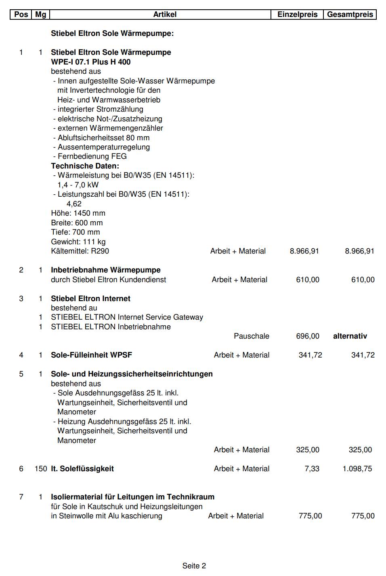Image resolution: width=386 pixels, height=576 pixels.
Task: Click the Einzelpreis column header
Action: coord(297,15)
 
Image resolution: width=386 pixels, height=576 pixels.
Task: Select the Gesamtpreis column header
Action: coord(350,15)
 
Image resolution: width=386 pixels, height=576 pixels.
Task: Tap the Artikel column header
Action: coord(165,15)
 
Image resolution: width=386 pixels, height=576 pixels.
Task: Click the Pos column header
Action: coord(21,15)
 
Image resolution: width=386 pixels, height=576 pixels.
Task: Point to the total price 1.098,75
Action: coord(357,469)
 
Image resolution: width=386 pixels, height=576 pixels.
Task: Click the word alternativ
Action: coord(350,336)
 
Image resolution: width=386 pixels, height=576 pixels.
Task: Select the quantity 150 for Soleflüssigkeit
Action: coord(41,469)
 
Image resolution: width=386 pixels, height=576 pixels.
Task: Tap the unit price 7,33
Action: coord(312,469)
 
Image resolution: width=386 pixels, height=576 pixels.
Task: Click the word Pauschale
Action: coord(251,336)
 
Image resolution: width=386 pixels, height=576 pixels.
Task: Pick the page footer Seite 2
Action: coord(194,566)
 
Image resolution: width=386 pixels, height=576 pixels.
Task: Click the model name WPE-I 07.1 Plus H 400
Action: coord(90,62)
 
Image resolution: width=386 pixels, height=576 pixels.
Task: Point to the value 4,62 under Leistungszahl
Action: coord(74,204)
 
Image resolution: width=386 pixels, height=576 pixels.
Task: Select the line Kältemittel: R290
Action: coord(80,251)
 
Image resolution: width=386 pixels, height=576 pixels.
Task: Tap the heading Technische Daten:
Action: coord(85,166)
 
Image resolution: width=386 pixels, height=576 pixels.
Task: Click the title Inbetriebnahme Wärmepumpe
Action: coord(105,270)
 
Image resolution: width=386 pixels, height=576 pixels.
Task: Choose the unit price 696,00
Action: coord(307,336)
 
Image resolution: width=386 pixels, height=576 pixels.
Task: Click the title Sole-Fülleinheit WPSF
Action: coord(91,355)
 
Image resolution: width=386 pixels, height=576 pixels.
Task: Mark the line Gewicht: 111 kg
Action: coord(78,242)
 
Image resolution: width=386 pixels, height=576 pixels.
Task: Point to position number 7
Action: coord(21,497)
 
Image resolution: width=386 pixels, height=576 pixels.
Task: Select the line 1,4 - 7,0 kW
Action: coord(78,185)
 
